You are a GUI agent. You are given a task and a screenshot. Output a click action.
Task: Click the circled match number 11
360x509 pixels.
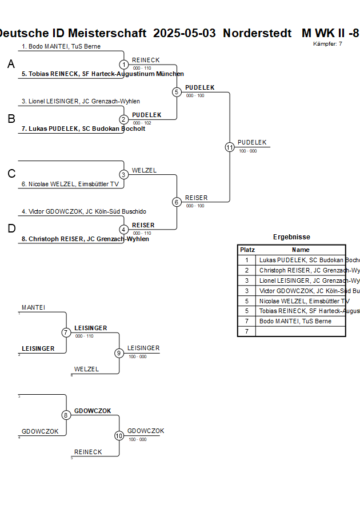(x=230, y=147)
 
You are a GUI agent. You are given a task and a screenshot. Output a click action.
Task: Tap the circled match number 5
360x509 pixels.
(x=177, y=92)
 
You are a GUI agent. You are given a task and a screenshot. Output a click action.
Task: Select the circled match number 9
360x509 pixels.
(x=119, y=353)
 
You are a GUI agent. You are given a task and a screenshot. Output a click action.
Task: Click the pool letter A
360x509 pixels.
(x=11, y=65)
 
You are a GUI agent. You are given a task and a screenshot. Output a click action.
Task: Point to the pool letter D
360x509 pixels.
(x=11, y=229)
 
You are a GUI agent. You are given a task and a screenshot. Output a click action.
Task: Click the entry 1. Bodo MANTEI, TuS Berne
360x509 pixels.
(x=61, y=46)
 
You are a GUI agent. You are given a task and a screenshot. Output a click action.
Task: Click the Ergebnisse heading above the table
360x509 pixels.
(x=291, y=237)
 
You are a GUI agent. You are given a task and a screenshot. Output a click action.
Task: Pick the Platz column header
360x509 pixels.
(x=247, y=250)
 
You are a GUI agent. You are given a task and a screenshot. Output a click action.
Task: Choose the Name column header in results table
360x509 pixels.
(x=301, y=250)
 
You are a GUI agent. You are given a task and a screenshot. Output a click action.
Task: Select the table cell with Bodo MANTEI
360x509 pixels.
(x=295, y=322)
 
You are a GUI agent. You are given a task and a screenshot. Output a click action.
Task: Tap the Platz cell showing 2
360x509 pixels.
(x=247, y=270)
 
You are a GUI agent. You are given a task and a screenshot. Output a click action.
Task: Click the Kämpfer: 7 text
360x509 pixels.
(x=328, y=43)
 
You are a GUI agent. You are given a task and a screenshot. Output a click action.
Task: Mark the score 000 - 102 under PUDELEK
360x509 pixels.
(x=142, y=123)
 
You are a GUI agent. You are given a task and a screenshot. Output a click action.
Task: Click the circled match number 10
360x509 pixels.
(x=119, y=436)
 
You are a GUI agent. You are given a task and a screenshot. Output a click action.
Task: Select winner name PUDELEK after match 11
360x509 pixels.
(x=252, y=142)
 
